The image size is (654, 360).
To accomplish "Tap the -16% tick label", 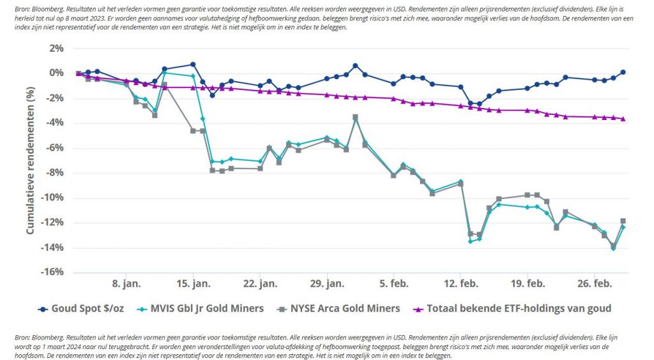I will click(x=51, y=272).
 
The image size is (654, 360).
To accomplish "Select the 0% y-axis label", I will click(x=56, y=73).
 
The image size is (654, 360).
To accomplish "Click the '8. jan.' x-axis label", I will click(x=126, y=283).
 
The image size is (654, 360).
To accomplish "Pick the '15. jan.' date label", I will click(x=193, y=283).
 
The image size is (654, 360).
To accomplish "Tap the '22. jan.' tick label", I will click(x=260, y=283).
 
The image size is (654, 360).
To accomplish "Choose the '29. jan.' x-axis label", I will click(x=327, y=283).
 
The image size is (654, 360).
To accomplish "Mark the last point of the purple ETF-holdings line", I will click(x=623, y=119).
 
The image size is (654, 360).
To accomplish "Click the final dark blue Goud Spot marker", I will click(x=623, y=72).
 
